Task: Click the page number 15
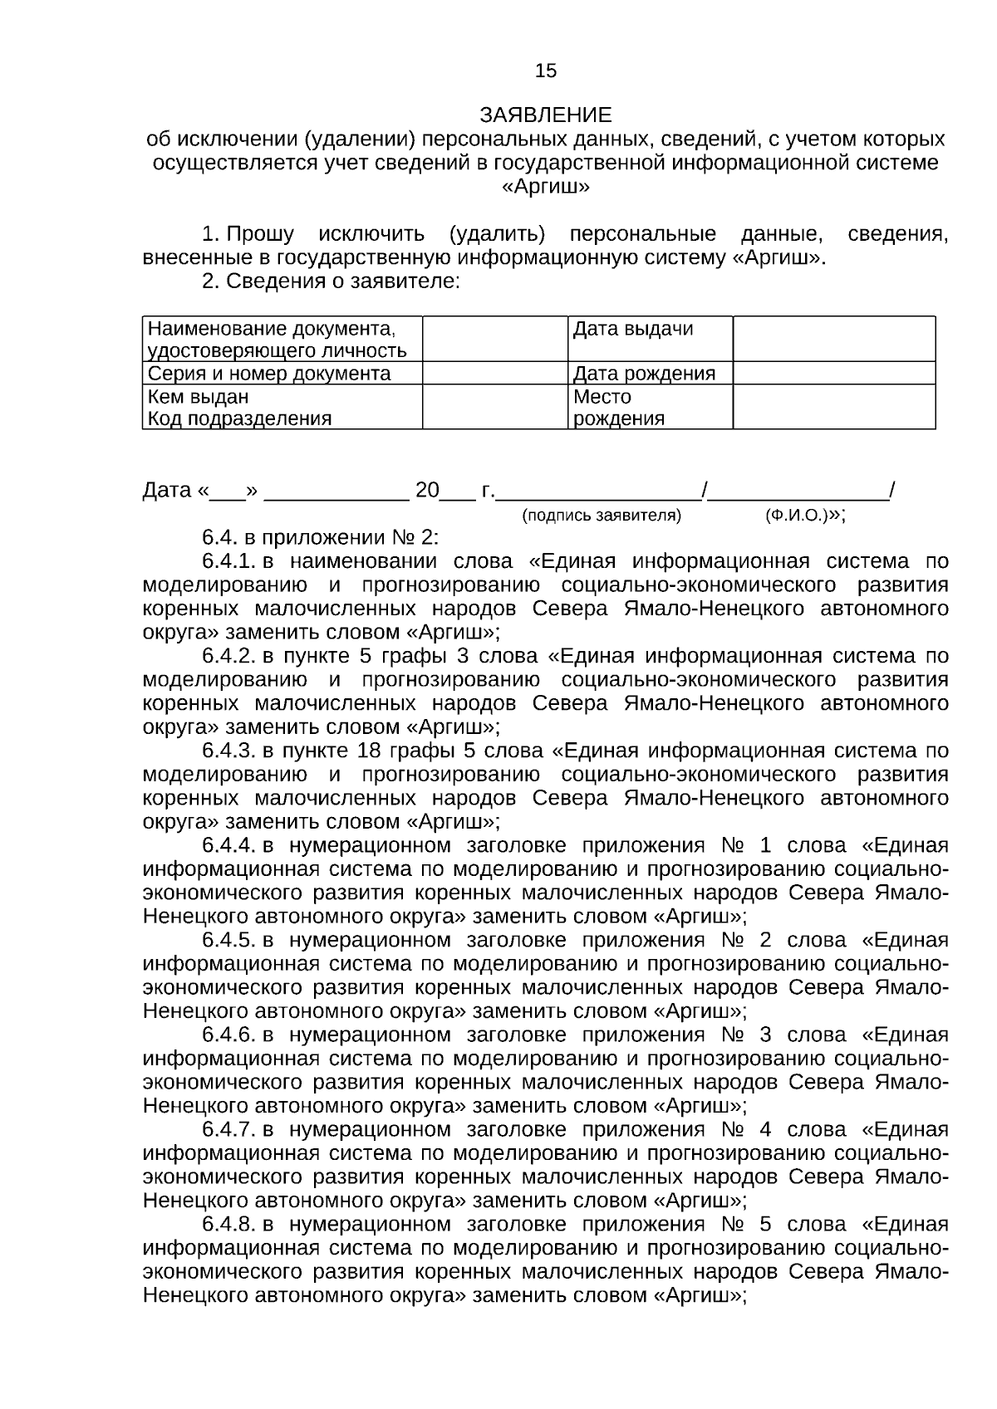click(546, 71)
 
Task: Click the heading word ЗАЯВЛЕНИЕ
click(546, 115)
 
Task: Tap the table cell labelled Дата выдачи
click(650, 338)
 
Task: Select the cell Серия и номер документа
click(282, 374)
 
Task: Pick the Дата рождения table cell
click(650, 374)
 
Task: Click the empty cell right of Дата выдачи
click(833, 338)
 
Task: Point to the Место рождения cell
click(650, 407)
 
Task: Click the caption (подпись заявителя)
click(601, 516)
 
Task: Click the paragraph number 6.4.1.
click(228, 562)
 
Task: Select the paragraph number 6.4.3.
click(228, 751)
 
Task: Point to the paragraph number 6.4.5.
click(228, 941)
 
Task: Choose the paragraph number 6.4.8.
click(228, 1225)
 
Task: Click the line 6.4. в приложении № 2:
click(320, 538)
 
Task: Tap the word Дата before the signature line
click(167, 491)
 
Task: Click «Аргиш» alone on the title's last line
click(546, 186)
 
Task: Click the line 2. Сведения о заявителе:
click(331, 281)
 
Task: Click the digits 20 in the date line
click(427, 491)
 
